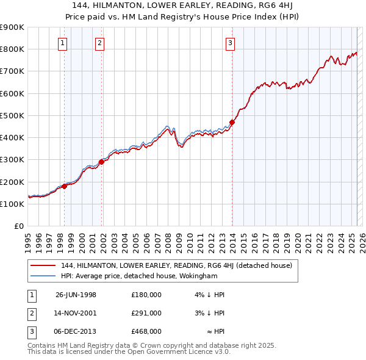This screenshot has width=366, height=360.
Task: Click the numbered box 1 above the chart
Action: [63, 43]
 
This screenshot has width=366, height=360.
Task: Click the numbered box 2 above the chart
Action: [99, 43]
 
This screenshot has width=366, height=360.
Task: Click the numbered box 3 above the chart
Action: [230, 43]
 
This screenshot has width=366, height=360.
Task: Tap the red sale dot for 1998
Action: [65, 186]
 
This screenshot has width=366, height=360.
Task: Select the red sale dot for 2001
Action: [101, 162]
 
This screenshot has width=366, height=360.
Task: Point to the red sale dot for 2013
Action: [232, 122]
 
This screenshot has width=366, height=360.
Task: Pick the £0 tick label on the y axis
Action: [19, 226]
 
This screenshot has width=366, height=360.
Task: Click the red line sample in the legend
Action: [43, 265]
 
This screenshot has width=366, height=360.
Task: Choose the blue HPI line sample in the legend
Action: [43, 276]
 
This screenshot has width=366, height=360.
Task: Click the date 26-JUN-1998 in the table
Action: [76, 295]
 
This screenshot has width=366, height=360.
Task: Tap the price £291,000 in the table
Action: [146, 313]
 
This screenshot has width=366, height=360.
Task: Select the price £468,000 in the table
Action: [146, 331]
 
